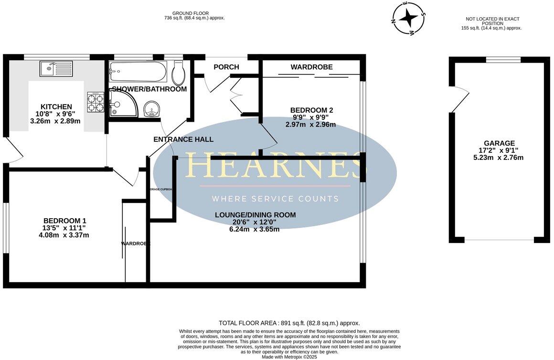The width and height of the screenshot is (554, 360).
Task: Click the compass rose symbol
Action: tap(408, 19)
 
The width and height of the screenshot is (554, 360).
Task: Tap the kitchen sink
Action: tap(56, 69)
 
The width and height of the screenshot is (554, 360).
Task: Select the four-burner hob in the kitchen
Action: tap(96, 102)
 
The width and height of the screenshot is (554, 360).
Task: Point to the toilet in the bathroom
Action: tap(178, 73)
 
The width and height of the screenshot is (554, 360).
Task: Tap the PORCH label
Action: tap(226, 67)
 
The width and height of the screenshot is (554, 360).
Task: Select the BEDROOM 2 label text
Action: tap(312, 110)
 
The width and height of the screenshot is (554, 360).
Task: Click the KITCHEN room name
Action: tap(56, 107)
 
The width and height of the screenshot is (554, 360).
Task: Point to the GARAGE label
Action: tap(499, 143)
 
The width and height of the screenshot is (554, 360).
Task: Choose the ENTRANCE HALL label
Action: tap(183, 139)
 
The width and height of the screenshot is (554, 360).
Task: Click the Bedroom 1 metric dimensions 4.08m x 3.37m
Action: tap(64, 235)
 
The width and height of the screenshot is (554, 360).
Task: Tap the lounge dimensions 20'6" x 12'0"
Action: tap(255, 222)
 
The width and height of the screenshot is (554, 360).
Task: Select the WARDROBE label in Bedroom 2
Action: tap(311, 67)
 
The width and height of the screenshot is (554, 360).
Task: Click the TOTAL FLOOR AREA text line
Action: tap(289, 323)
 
